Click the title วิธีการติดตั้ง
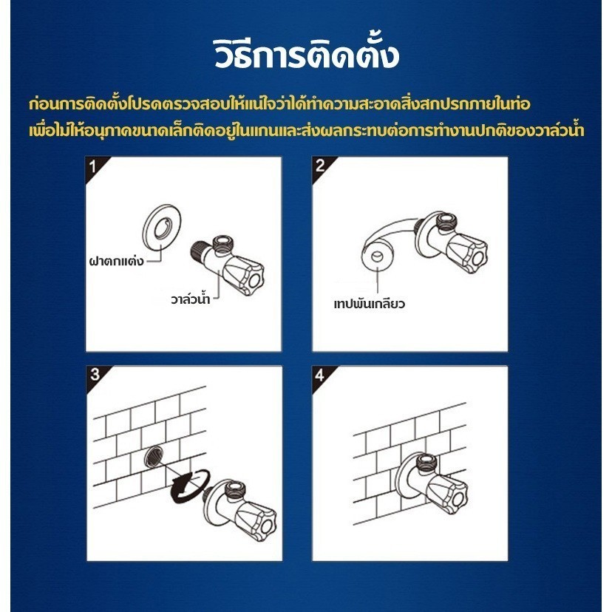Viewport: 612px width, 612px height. pyautogui.click(x=307, y=53)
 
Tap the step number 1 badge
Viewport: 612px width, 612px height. pyautogui.click(x=93, y=167)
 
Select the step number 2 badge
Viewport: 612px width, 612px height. pyautogui.click(x=320, y=166)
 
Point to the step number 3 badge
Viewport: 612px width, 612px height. pyautogui.click(x=95, y=375)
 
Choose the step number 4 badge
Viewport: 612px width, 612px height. pyautogui.click(x=320, y=375)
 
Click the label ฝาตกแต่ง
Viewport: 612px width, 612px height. pyautogui.click(x=117, y=261)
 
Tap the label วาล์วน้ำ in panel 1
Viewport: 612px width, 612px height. pyautogui.click(x=191, y=299)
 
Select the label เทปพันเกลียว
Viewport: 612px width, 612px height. pyautogui.click(x=370, y=304)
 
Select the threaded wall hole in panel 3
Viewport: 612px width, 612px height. pyautogui.click(x=153, y=455)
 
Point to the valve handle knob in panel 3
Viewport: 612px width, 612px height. pyautogui.click(x=256, y=520)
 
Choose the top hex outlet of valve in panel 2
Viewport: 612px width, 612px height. pyautogui.click(x=446, y=221)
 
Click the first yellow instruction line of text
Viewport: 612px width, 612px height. pyautogui.click(x=279, y=103)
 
